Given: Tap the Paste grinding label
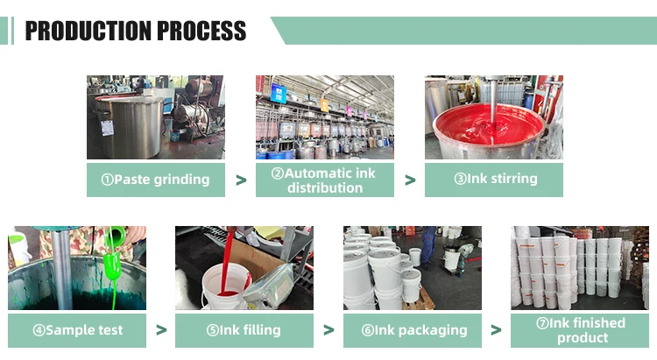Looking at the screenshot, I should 156,180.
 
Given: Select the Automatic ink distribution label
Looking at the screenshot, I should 325,180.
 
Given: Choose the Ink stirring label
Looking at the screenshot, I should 494,180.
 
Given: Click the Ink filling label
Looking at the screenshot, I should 244,330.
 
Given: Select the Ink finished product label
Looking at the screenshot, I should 580,330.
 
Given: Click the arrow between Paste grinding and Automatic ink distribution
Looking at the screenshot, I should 241,180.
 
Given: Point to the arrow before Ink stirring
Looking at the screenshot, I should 410,180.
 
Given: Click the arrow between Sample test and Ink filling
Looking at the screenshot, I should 160,331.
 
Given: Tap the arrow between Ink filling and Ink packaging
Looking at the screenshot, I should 328,331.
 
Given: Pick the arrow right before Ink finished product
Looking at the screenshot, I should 496,331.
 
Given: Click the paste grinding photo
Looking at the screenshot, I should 156,116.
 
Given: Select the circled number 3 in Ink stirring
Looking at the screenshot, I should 460,180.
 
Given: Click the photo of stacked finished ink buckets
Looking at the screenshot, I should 580,267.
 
